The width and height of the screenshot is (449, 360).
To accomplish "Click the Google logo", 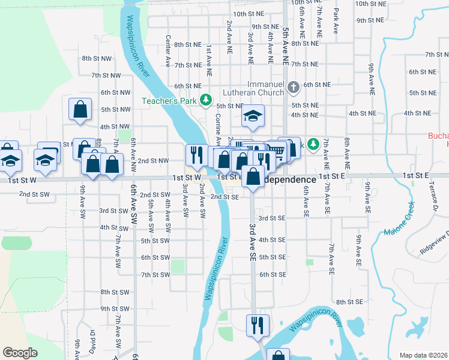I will [20, 353].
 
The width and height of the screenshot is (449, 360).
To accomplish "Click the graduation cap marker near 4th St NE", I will [253, 116].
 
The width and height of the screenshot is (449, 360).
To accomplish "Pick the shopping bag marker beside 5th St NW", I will [80, 110].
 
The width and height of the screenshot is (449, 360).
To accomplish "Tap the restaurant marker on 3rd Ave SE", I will [256, 325].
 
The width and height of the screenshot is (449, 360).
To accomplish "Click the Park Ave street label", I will [336, 21].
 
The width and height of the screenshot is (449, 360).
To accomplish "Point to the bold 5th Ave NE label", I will [285, 46].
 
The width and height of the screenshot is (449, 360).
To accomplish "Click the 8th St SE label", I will [349, 302].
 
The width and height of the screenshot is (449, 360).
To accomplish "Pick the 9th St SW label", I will [115, 309].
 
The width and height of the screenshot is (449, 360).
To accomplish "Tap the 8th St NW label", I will [97, 58].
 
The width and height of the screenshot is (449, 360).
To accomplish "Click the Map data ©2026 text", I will [423, 355].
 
